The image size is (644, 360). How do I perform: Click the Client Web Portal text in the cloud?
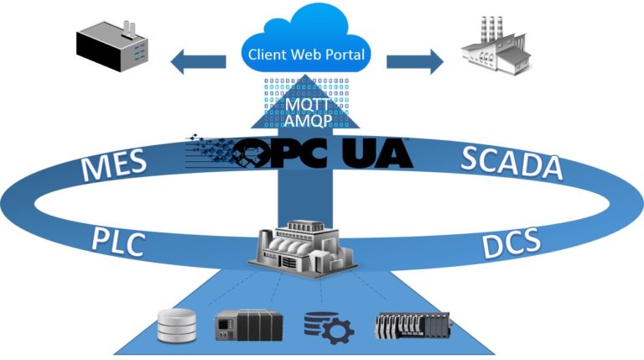[308, 56]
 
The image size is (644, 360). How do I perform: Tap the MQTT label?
[307, 105]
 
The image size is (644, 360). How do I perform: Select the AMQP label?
[307, 122]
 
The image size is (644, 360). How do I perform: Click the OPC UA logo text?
[322, 154]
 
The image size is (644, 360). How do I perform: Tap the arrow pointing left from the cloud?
[197, 61]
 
